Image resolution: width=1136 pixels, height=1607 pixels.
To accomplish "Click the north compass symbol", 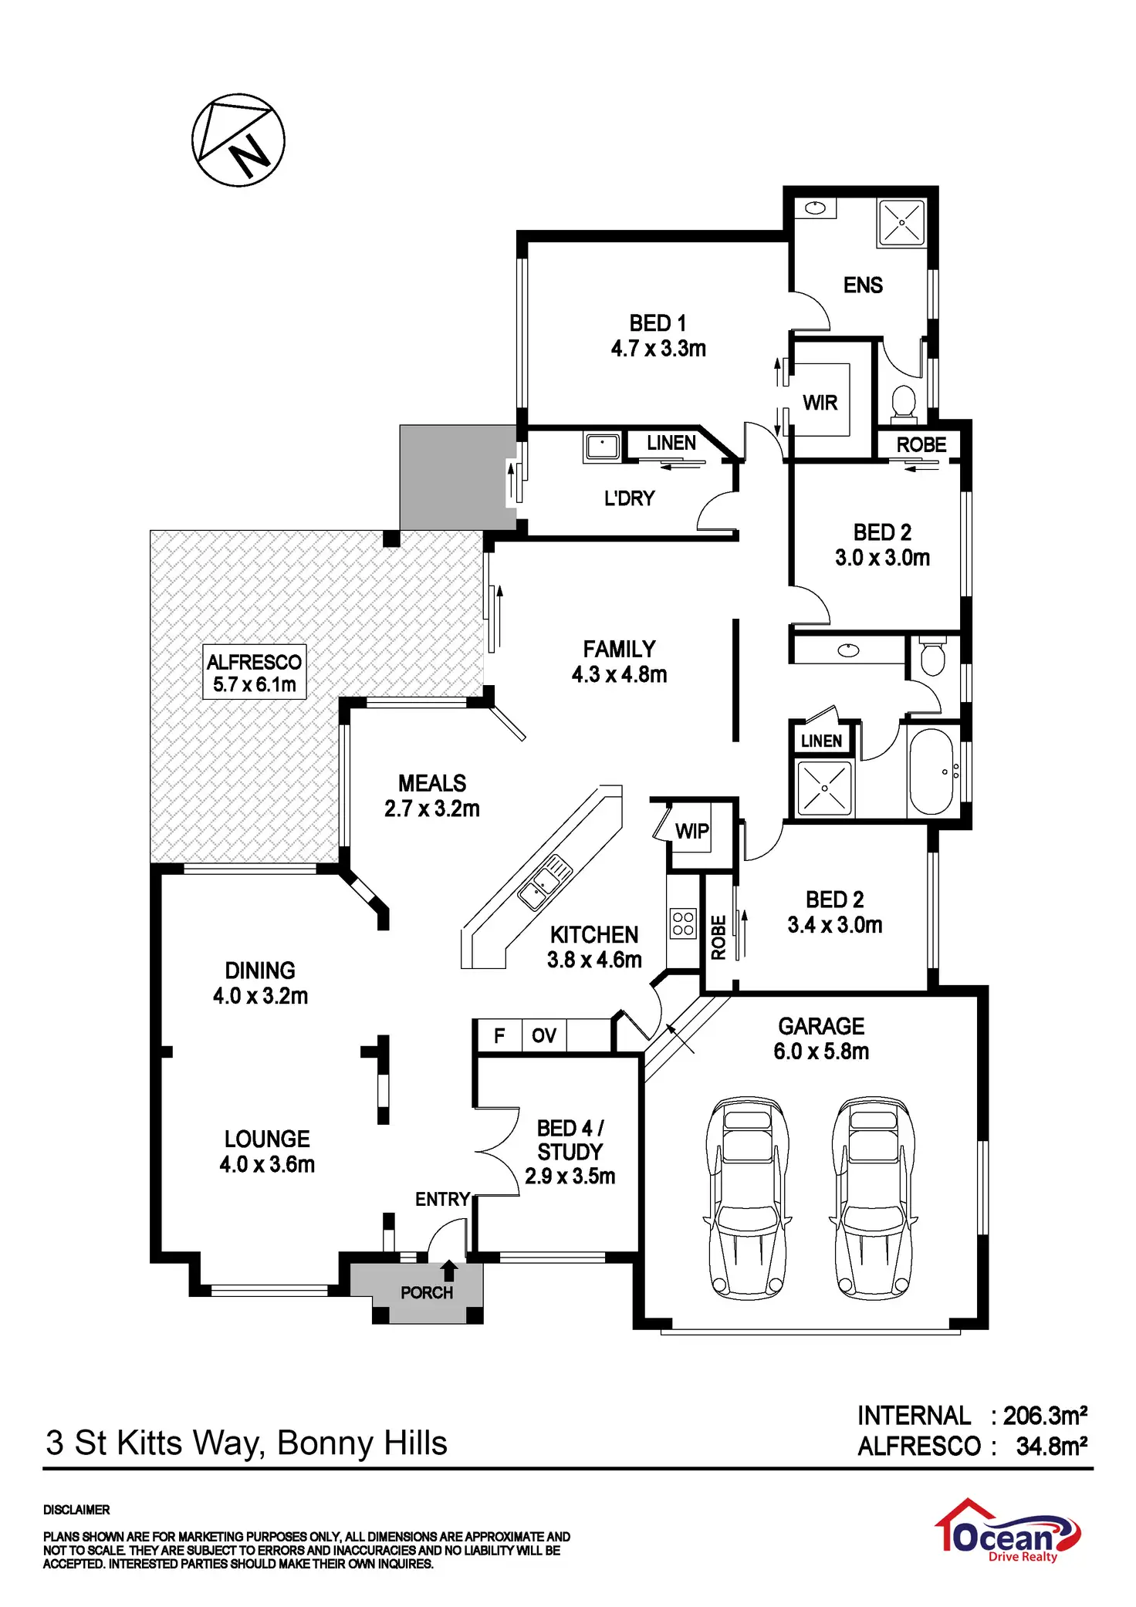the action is (238, 140).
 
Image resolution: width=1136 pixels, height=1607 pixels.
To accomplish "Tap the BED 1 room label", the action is (658, 323).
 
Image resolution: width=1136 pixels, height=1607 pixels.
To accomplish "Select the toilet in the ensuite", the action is (903, 403).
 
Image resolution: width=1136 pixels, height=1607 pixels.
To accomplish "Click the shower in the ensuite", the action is (901, 223).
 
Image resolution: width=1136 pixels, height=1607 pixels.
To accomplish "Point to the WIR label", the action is (820, 403).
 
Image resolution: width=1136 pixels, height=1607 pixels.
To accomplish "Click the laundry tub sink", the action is (602, 447).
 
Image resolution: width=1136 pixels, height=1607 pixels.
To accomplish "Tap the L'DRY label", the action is (629, 498).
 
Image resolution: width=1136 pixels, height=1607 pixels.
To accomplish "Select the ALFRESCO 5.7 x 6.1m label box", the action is (254, 673).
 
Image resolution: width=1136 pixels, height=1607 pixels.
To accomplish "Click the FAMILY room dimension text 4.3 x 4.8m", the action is (619, 675).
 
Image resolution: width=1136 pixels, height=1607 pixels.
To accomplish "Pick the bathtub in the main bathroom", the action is (931, 771).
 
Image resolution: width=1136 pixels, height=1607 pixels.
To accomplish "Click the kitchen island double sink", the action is (545, 883).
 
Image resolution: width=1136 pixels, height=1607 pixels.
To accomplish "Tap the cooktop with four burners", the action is (683, 923).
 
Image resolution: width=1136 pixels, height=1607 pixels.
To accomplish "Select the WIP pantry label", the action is (691, 831).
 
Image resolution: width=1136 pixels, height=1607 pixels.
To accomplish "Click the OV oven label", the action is (543, 1035).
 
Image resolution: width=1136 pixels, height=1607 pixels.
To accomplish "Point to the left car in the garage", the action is (747, 1197).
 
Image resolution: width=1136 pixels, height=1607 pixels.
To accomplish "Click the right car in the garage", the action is (874, 1197).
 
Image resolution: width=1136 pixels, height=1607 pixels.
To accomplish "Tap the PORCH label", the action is (427, 1292).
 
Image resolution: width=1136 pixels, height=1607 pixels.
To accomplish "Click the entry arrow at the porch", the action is (449, 1270).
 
